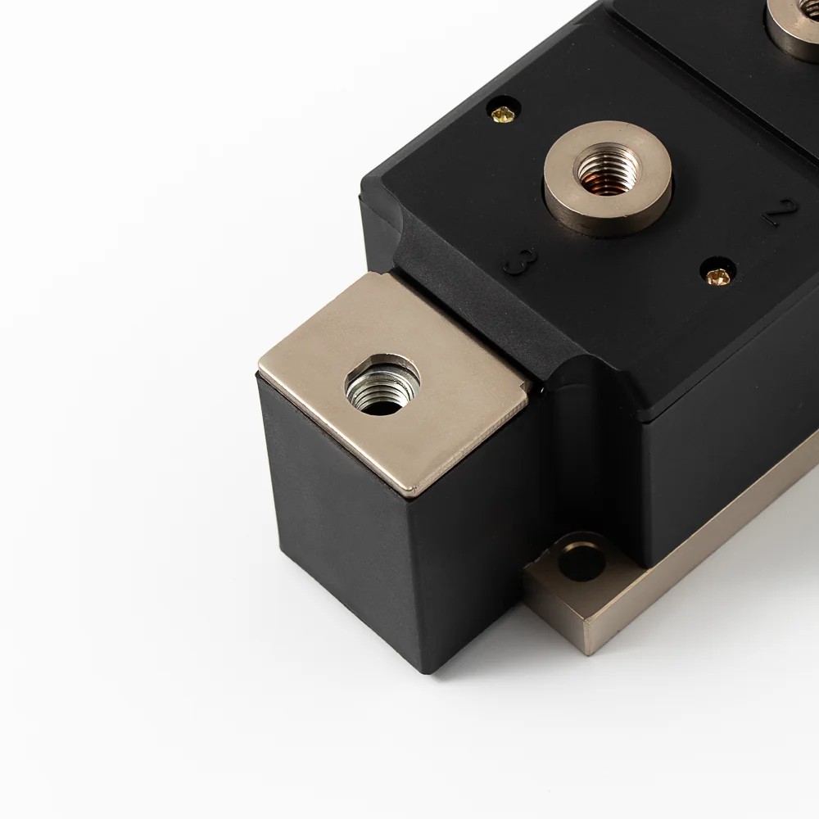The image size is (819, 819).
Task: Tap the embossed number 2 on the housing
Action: (780, 211)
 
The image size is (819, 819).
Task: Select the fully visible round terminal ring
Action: (608, 178)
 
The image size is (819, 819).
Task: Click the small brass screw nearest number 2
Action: (717, 276)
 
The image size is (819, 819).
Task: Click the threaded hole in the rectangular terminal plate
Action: (382, 385)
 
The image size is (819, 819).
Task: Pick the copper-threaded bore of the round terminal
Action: (607, 170)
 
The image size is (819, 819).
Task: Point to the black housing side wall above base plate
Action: (721, 459)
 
